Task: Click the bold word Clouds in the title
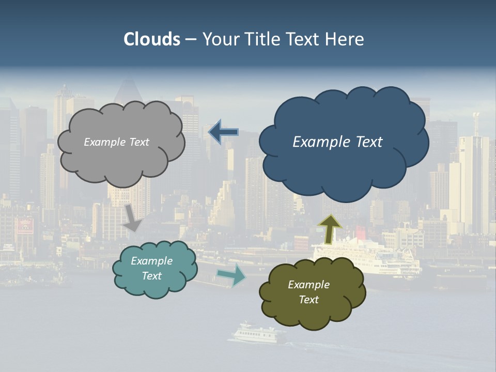tap(152, 39)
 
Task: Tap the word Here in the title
tap(345, 39)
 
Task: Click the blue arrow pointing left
tap(223, 132)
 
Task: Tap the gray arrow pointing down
tap(133, 218)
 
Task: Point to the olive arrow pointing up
tap(330, 229)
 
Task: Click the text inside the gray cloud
tap(116, 142)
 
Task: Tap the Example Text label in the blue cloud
tap(337, 142)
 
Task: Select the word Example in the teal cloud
tap(151, 261)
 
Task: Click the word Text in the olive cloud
tap(308, 300)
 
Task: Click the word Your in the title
tap(219, 39)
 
